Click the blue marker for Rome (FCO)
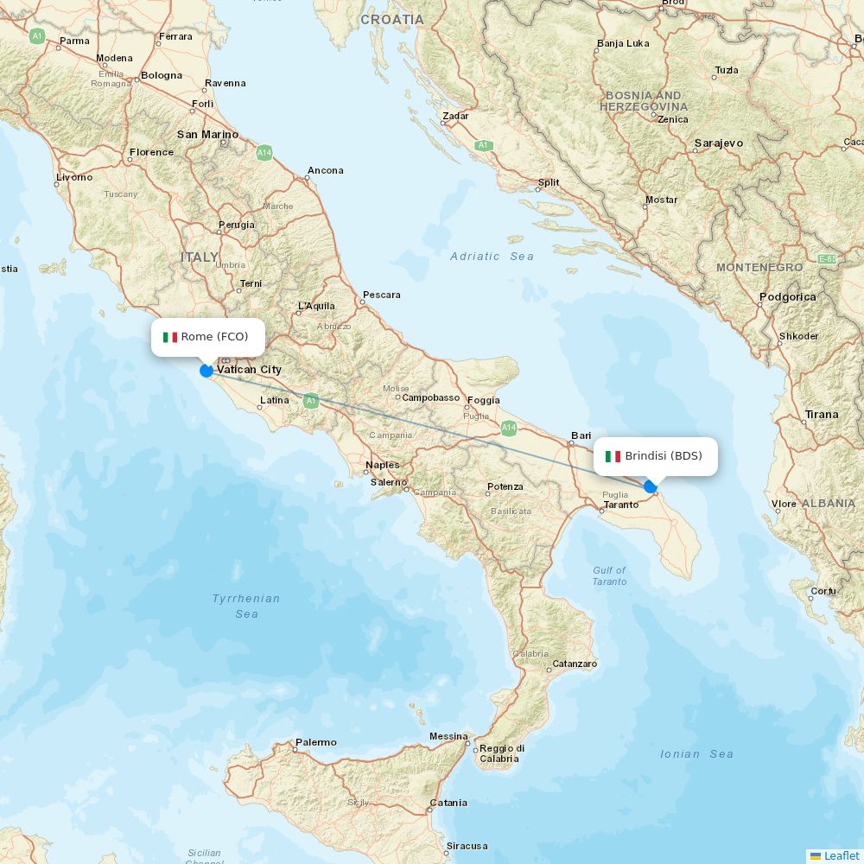tap(206, 371)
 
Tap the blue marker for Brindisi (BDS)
tap(650, 486)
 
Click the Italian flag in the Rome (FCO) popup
tap(170, 337)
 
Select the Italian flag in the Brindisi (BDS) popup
tap(613, 456)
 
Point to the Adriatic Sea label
tap(492, 257)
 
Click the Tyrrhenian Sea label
tap(246, 606)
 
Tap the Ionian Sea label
tap(696, 754)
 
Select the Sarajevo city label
tap(718, 143)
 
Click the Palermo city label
tap(315, 742)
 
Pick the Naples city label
tap(382, 465)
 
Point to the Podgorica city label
tap(787, 297)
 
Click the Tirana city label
tap(821, 415)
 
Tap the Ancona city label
tap(326, 170)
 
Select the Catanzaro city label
tap(575, 664)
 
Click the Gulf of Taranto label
tap(609, 576)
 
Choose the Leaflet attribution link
tap(841, 855)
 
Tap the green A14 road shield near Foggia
tap(509, 427)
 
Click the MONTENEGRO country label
tap(759, 268)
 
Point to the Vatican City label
tap(249, 370)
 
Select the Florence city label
tap(151, 152)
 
